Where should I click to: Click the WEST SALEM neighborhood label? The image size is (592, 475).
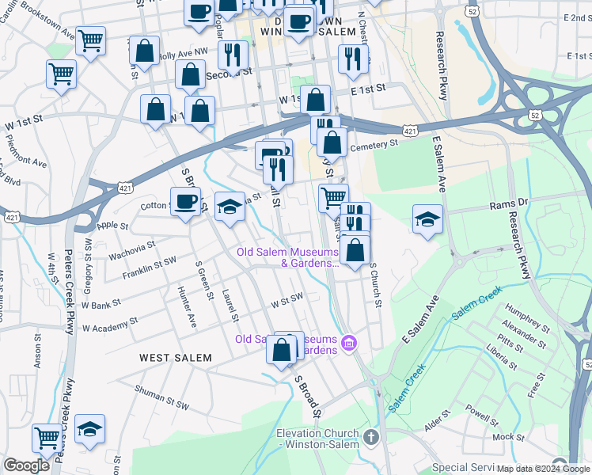click(176, 358)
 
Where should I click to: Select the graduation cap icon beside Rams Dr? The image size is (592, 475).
click(427, 219)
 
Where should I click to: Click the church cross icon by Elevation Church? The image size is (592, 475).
click(373, 436)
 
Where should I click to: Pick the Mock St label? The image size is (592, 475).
click(507, 437)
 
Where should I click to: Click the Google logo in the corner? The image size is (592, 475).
click(26, 465)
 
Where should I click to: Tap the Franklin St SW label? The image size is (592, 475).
click(150, 268)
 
